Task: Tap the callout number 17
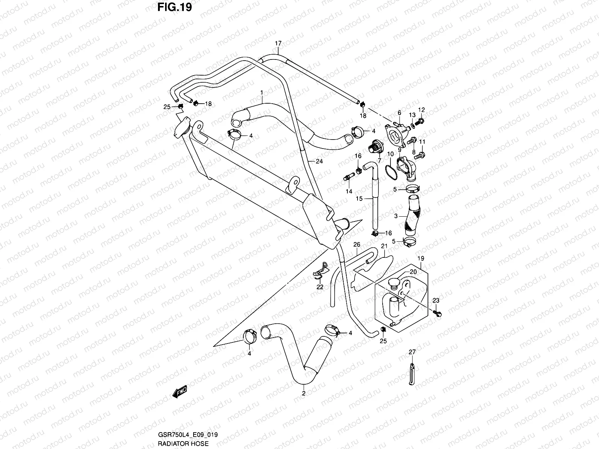pos(278,43)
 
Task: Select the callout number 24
pos(319,162)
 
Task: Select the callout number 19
pos(420,258)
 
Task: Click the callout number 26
pos(357,244)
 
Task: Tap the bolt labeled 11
pos(420,154)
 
